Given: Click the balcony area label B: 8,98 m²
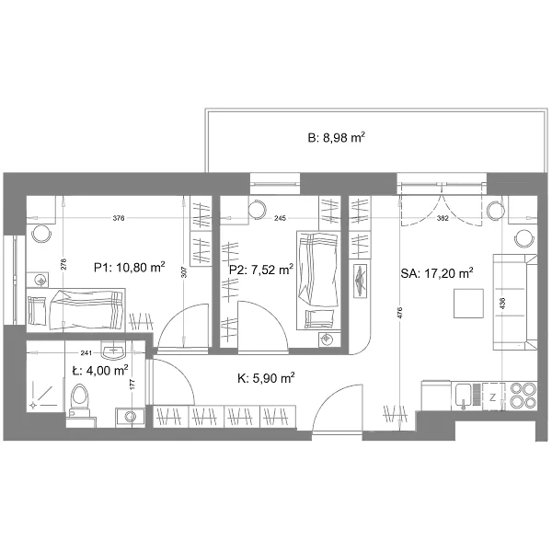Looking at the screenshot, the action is tap(336, 137).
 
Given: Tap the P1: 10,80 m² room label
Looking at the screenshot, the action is tap(130, 267).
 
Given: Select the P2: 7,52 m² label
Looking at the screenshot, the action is tap(261, 270).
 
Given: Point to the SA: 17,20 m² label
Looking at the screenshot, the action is tap(436, 273).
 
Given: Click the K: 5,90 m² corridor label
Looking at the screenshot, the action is tap(266, 378).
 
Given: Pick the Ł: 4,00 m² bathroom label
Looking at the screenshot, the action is tap(100, 371).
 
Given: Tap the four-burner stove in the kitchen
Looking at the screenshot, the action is tap(523, 395).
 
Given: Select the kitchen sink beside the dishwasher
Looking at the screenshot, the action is tap(464, 396).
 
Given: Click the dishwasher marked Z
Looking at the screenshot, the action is tap(493, 397).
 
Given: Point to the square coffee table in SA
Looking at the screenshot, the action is tap(468, 304).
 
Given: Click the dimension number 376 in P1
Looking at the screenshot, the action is tap(119, 218).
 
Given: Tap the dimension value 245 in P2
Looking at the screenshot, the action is tap(280, 218).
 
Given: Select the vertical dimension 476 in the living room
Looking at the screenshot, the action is tap(399, 313).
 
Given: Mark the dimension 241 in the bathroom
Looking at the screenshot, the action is tap(86, 352).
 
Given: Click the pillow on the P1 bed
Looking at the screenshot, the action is tap(37, 311).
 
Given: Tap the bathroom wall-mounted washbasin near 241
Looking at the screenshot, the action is tap(112, 350).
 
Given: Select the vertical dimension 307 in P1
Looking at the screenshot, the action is tap(185, 271).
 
